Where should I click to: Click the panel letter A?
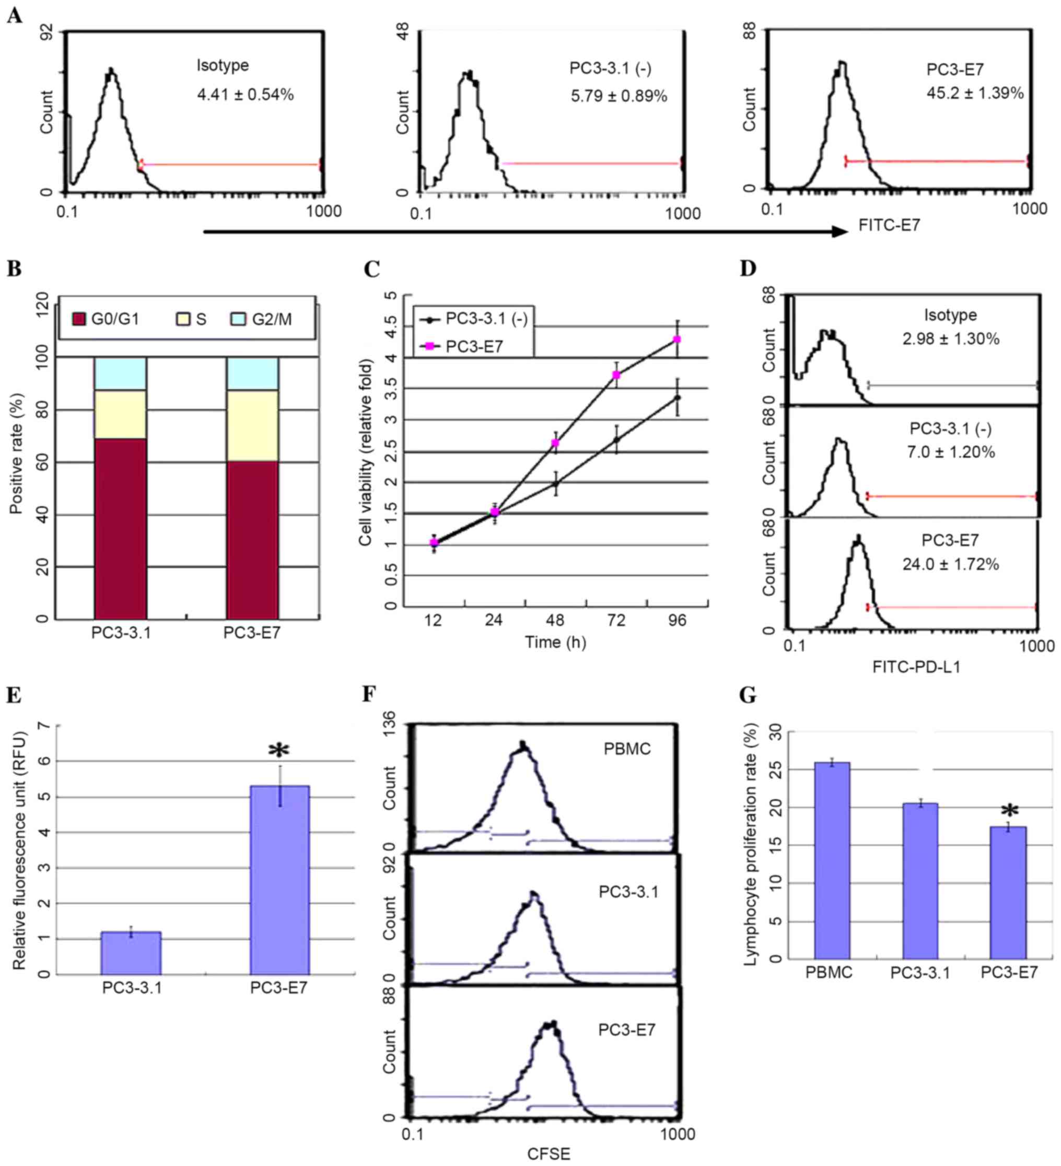15,16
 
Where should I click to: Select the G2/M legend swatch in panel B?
238,319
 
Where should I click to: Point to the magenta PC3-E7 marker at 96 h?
678,340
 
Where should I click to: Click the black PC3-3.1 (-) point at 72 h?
617,439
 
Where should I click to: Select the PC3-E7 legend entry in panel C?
473,346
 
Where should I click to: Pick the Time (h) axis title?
555,643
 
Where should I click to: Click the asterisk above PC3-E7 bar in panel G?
1009,810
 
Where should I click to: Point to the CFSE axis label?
549,1154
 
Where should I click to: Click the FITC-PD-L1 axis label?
916,667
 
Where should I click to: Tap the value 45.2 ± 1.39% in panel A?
975,93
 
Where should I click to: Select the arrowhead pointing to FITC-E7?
840,231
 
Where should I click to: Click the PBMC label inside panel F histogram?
627,749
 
